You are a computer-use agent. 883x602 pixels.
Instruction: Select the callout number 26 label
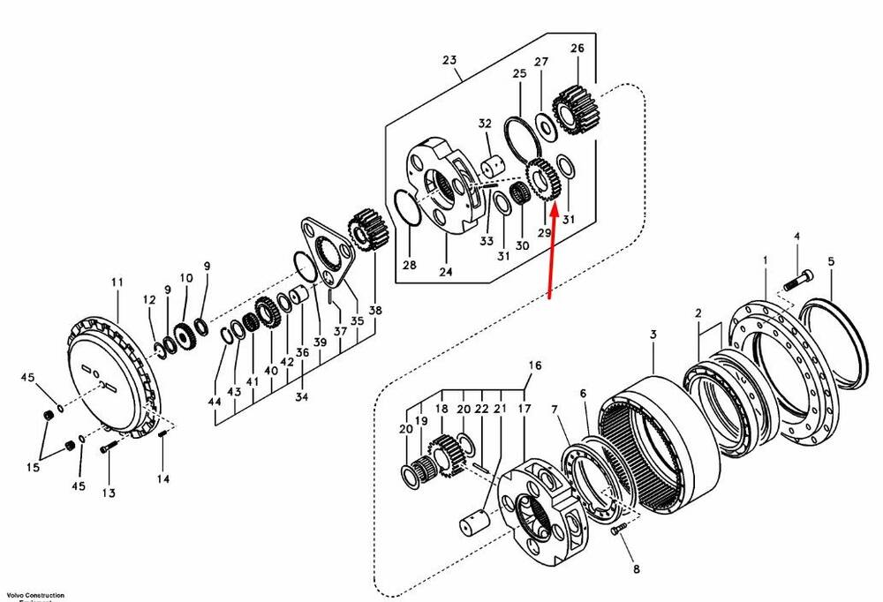(x=577, y=49)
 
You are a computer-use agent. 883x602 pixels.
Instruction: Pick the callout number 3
(x=653, y=335)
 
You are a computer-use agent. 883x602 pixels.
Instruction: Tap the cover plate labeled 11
(x=106, y=370)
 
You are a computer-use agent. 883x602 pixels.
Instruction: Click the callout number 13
(x=109, y=493)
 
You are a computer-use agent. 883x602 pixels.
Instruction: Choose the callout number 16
(x=533, y=365)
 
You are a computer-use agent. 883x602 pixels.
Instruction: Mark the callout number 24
(x=445, y=273)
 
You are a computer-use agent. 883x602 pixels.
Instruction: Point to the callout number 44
(x=214, y=402)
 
